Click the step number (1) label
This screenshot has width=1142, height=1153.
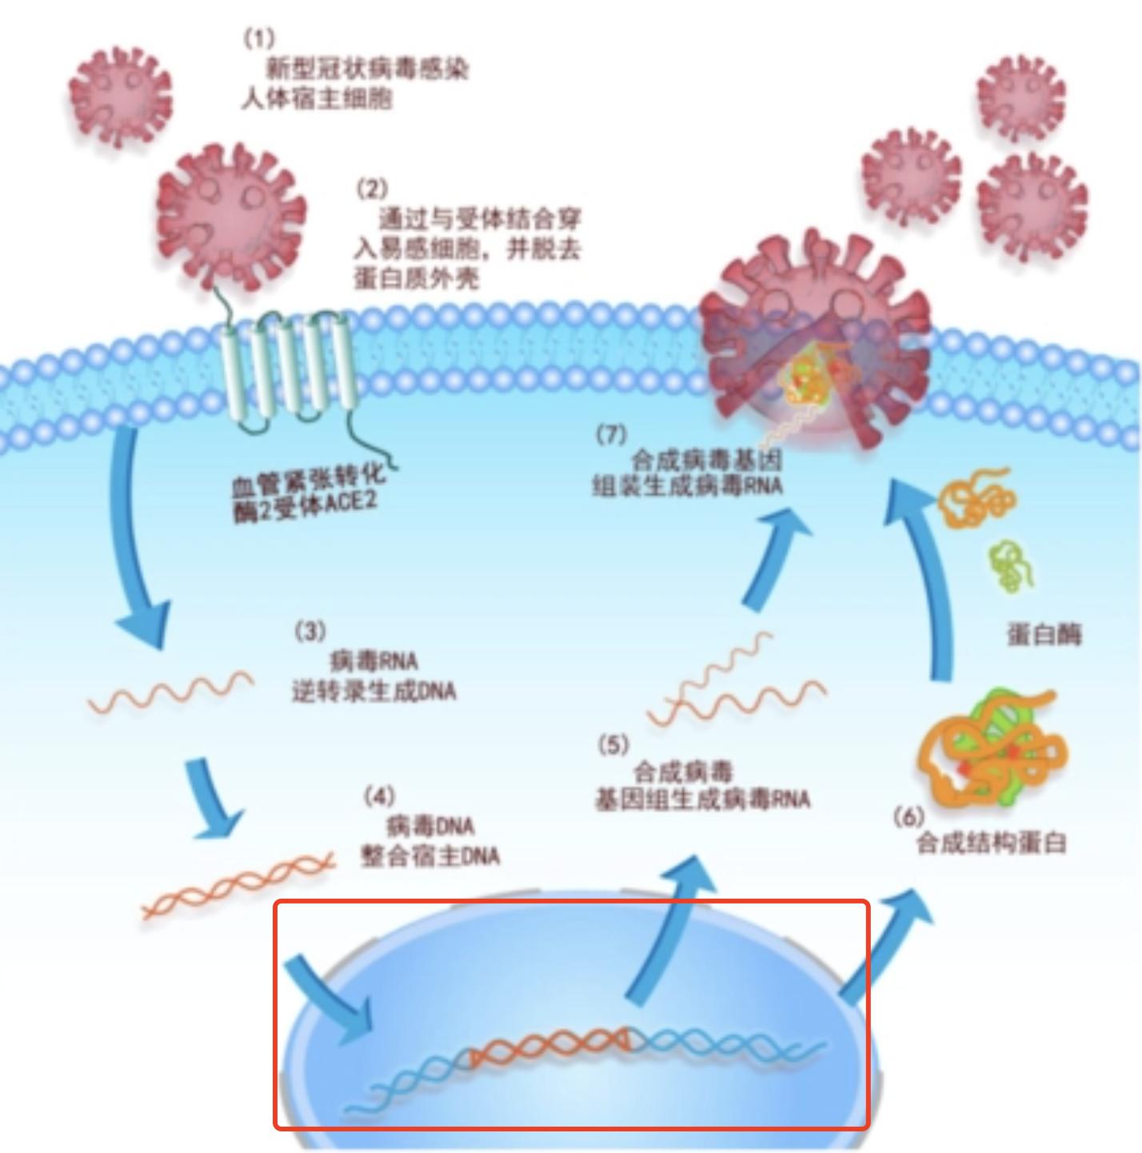[258, 37]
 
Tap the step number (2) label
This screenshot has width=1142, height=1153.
[372, 189]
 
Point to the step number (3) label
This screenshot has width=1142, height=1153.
[310, 632]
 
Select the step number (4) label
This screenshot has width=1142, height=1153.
[379, 796]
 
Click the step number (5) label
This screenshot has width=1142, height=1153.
[613, 745]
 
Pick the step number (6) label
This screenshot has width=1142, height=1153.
[908, 816]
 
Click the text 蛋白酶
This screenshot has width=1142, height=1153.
[1043, 635]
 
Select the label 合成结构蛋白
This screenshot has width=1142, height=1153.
[991, 843]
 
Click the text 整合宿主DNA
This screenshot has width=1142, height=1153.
[430, 856]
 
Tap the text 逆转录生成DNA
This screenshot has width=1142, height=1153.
[373, 690]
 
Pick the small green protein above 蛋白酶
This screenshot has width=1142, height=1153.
[1011, 565]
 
